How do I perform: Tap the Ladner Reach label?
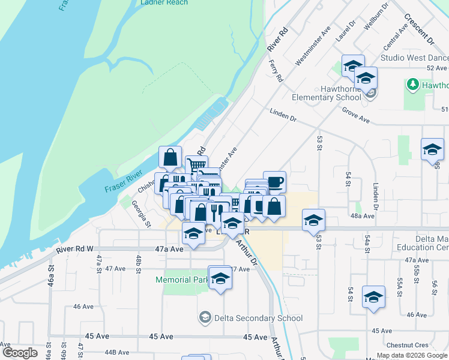click(x=164, y=3)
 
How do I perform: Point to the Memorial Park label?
click(x=182, y=280)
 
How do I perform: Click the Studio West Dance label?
click(x=414, y=58)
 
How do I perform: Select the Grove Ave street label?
click(x=355, y=115)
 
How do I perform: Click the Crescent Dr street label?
click(x=419, y=29)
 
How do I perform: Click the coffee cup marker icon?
click(x=274, y=182)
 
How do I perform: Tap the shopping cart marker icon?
click(x=196, y=164)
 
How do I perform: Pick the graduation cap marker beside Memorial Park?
click(x=220, y=277)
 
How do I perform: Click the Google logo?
click(x=19, y=352)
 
